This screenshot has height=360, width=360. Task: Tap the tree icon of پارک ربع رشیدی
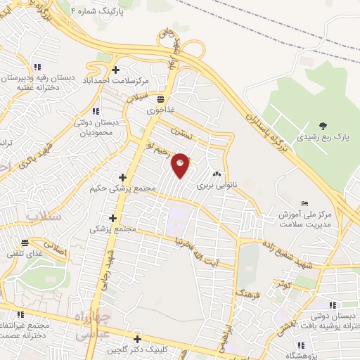323,126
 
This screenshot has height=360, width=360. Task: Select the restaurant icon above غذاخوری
161,99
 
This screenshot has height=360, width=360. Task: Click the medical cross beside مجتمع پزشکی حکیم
123,177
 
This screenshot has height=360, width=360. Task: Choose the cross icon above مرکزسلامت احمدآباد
115,69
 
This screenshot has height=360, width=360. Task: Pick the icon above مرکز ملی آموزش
304,203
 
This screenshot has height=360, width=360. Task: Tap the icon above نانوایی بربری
217,175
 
